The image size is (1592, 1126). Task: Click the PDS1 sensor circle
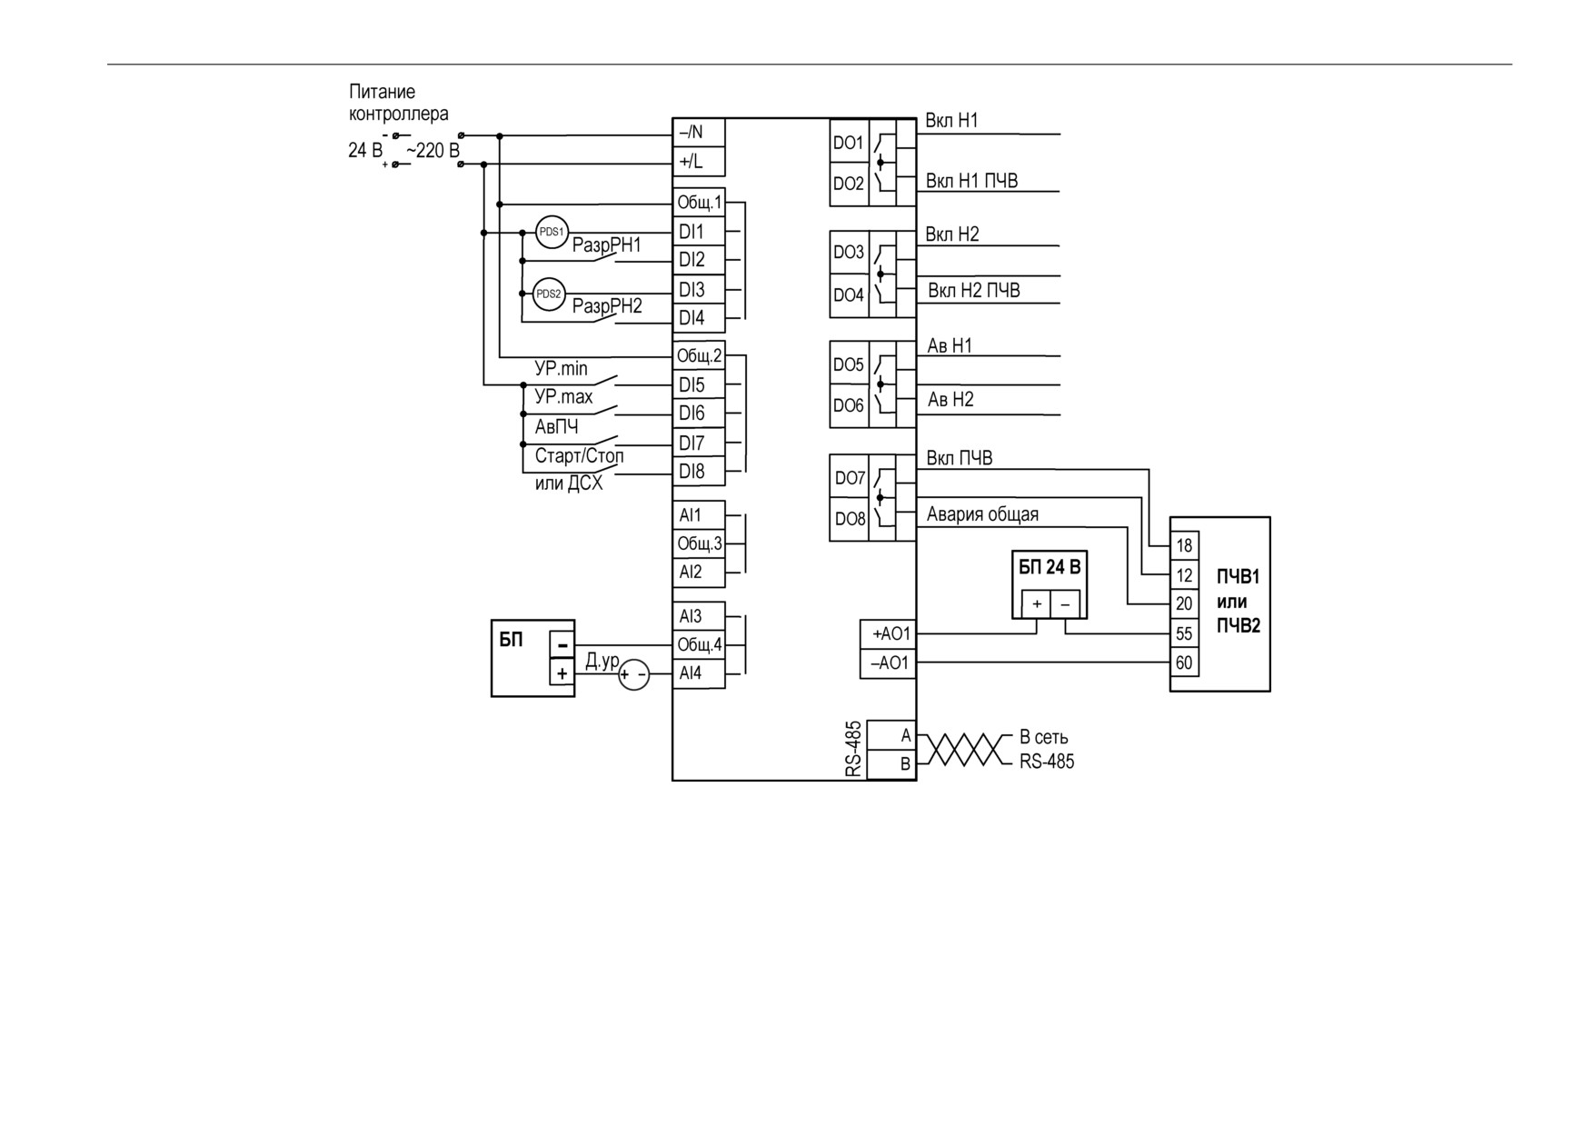click(552, 232)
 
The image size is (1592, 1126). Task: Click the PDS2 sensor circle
click(549, 294)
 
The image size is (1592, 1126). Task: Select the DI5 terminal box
click(699, 384)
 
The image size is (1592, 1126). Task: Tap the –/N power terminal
click(699, 133)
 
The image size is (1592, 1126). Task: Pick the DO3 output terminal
click(850, 252)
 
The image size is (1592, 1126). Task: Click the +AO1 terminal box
click(888, 634)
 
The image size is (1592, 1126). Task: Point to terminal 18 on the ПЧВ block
click(1184, 545)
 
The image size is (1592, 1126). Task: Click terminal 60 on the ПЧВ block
click(1184, 663)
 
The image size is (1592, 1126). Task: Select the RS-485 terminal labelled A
click(891, 736)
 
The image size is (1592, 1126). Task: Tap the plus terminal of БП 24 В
click(1037, 604)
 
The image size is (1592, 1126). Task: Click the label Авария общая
click(982, 514)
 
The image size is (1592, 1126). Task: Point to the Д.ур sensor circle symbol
click(634, 674)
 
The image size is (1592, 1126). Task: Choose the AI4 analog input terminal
click(699, 673)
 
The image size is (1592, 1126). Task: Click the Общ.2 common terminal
click(699, 355)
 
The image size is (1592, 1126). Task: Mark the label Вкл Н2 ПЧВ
click(974, 291)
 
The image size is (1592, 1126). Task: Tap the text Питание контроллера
click(399, 103)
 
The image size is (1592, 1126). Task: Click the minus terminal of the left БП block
click(562, 644)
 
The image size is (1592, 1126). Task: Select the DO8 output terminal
click(850, 519)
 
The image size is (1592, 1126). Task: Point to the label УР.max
click(563, 397)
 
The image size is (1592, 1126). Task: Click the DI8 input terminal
click(699, 472)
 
